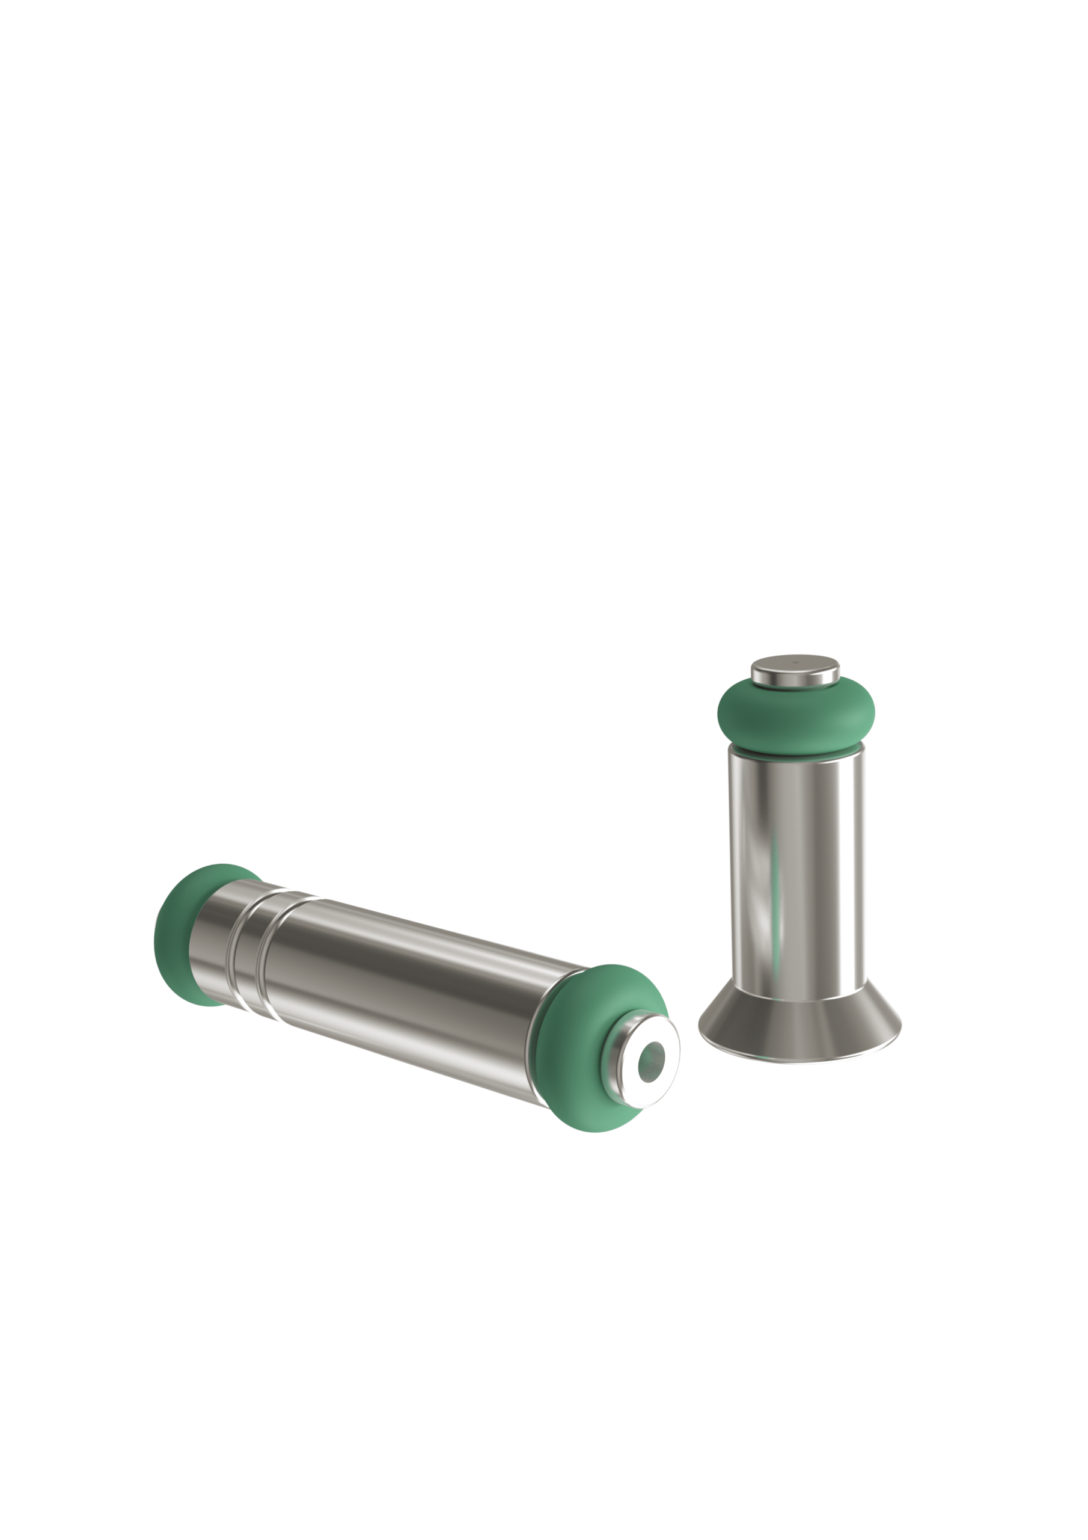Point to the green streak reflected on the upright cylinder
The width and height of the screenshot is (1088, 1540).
click(776, 892)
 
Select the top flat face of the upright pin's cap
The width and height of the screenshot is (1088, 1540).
click(795, 665)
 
